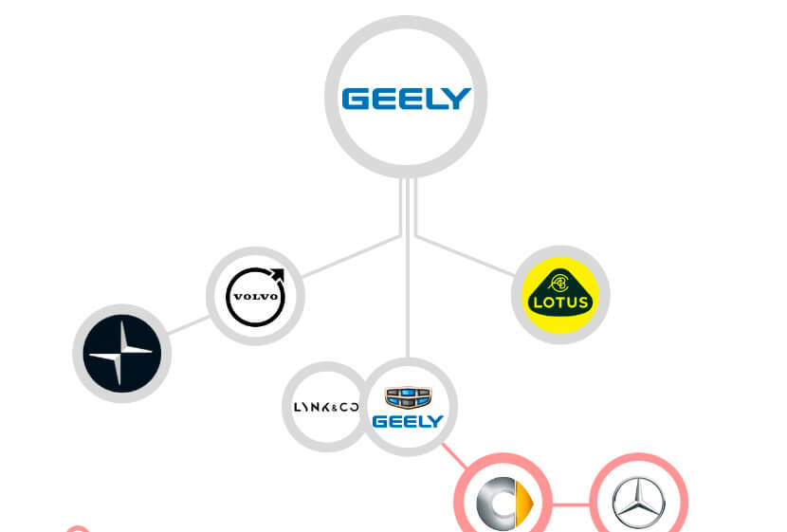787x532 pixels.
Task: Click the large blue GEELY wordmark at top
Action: (406, 99)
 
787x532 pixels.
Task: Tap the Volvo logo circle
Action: (254, 296)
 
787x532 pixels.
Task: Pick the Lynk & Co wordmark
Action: (323, 407)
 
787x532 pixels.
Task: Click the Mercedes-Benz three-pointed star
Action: (638, 504)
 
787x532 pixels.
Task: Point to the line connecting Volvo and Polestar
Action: (187, 323)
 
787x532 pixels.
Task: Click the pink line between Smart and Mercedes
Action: (570, 504)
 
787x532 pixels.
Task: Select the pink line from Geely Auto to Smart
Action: (459, 456)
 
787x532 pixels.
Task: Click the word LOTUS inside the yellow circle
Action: (559, 303)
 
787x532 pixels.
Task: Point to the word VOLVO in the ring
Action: (254, 297)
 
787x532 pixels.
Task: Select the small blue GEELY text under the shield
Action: (408, 421)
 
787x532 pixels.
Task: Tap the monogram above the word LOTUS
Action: (559, 282)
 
